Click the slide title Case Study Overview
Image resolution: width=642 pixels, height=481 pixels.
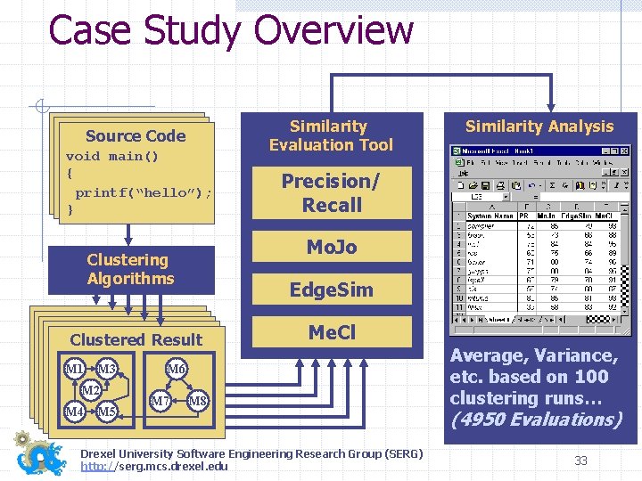pos(231,30)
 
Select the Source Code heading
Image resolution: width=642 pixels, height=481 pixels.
pos(136,136)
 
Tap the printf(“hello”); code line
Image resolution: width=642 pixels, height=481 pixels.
pos(144,192)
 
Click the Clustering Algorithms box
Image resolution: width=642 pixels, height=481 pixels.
pos(130,269)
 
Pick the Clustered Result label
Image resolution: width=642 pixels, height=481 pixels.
pos(136,339)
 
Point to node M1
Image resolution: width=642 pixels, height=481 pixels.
pos(75,370)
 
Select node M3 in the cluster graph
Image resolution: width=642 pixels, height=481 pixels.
pos(107,370)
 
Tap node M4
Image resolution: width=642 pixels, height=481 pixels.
pos(75,412)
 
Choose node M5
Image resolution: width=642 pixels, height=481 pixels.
pos(107,412)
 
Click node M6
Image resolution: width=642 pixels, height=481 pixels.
pos(177,370)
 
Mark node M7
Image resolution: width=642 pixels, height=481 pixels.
pos(160,401)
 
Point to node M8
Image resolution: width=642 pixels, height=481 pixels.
pos(198,401)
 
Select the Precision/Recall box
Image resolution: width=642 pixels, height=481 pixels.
pos(331,192)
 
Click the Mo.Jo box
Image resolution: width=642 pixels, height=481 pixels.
pos(331,248)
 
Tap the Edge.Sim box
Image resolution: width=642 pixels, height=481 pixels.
pos(331,289)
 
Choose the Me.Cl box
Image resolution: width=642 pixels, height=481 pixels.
pos(331,332)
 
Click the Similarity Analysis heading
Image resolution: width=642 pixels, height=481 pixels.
pos(539,126)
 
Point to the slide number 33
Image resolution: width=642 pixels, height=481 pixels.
pos(580,461)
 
